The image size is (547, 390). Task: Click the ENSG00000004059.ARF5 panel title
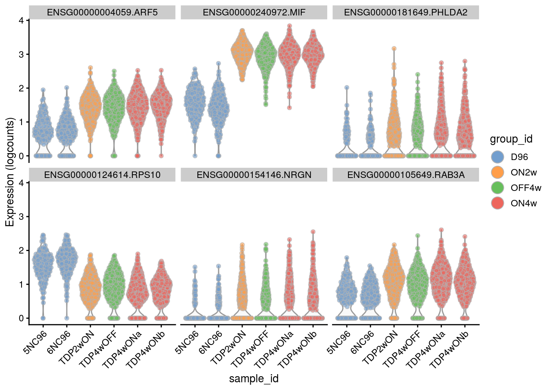tap(102, 12)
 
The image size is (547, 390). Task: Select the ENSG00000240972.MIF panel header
tap(254, 12)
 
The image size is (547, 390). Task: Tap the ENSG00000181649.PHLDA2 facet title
tap(406, 12)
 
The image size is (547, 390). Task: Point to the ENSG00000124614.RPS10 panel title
tap(102, 175)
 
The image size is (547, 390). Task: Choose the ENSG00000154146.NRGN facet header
tap(254, 175)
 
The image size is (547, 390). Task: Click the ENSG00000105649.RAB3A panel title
tap(406, 175)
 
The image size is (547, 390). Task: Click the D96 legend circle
tap(497, 157)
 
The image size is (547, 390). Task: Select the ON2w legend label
tap(523, 172)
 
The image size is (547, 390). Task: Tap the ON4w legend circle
tap(497, 203)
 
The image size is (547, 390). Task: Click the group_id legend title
tap(511, 139)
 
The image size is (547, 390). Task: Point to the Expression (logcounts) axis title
tap(10, 172)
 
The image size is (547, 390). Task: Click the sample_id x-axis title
tap(254, 379)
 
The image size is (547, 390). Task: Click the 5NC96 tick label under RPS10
tap(36, 342)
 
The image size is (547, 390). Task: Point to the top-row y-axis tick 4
tap(21, 20)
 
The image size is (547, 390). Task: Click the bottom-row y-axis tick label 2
tap(21, 250)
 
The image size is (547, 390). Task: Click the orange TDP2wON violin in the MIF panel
tap(242, 53)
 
